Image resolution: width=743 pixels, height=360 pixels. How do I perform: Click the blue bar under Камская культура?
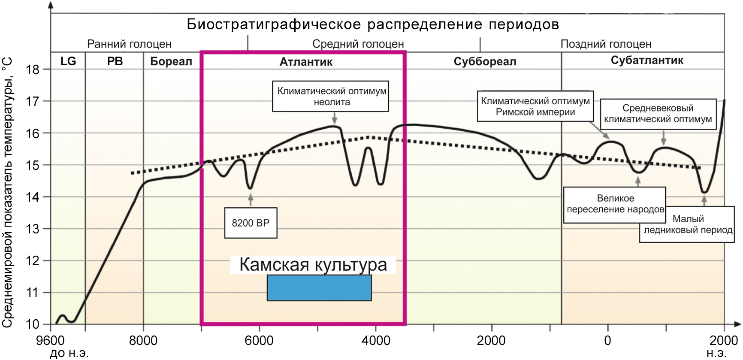tap(319, 288)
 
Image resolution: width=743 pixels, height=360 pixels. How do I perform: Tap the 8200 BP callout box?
tap(251, 223)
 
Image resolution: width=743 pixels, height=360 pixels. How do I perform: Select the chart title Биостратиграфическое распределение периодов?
tap(373, 24)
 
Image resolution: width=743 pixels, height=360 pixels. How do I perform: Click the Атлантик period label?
tap(306, 62)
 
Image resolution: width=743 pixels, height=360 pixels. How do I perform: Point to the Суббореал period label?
tap(485, 62)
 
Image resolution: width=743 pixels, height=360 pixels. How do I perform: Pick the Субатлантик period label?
tap(646, 61)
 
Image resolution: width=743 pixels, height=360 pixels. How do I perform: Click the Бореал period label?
tap(171, 61)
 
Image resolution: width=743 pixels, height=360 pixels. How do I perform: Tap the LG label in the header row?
tap(68, 61)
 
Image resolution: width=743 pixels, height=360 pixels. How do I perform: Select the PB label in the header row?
tap(115, 61)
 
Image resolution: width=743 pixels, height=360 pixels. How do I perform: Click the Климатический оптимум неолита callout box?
tap(331, 97)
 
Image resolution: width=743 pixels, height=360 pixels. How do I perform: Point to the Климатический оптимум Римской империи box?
tap(535, 106)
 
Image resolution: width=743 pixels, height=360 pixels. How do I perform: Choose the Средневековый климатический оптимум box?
tap(658, 114)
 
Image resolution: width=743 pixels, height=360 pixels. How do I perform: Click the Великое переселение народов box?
tap(615, 204)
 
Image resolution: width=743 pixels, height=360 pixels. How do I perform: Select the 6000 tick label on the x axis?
tap(259, 341)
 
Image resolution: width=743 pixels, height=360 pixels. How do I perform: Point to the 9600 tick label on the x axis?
tap(51, 341)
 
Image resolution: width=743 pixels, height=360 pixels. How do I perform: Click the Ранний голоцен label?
tap(129, 44)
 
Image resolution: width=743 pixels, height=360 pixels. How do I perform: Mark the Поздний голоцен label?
tap(606, 44)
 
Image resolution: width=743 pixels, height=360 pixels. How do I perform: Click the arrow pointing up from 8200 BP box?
tap(251, 200)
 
